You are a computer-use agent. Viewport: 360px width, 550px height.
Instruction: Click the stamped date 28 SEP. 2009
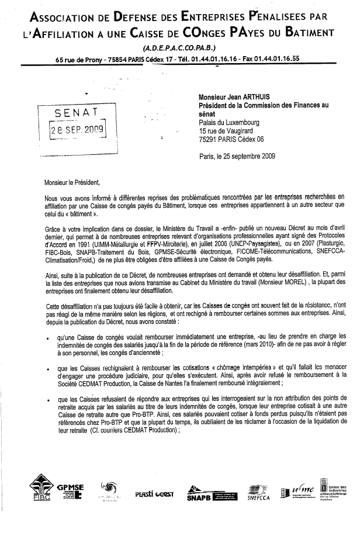78,130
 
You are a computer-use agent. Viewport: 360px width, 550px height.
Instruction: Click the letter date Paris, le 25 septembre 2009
237,156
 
